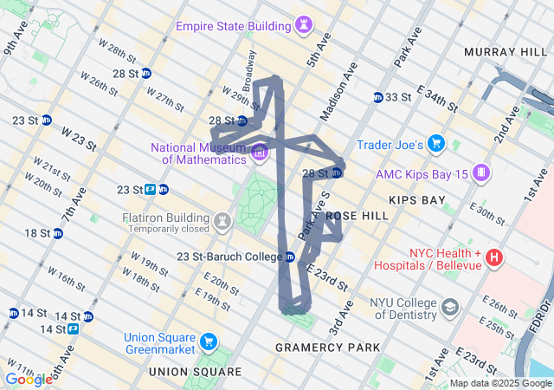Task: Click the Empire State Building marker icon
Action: tap(304, 26)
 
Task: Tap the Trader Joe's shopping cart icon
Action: tap(436, 144)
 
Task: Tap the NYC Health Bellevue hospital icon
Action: tap(494, 257)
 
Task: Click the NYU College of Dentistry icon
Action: tap(450, 308)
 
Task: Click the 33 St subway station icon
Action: tap(378, 97)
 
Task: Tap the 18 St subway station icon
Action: tap(58, 233)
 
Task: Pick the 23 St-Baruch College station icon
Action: tap(290, 257)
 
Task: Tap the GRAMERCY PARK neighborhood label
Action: tap(327, 348)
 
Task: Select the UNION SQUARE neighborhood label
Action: tap(195, 372)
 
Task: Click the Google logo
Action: tap(28, 379)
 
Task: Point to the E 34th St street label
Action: tap(437, 98)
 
